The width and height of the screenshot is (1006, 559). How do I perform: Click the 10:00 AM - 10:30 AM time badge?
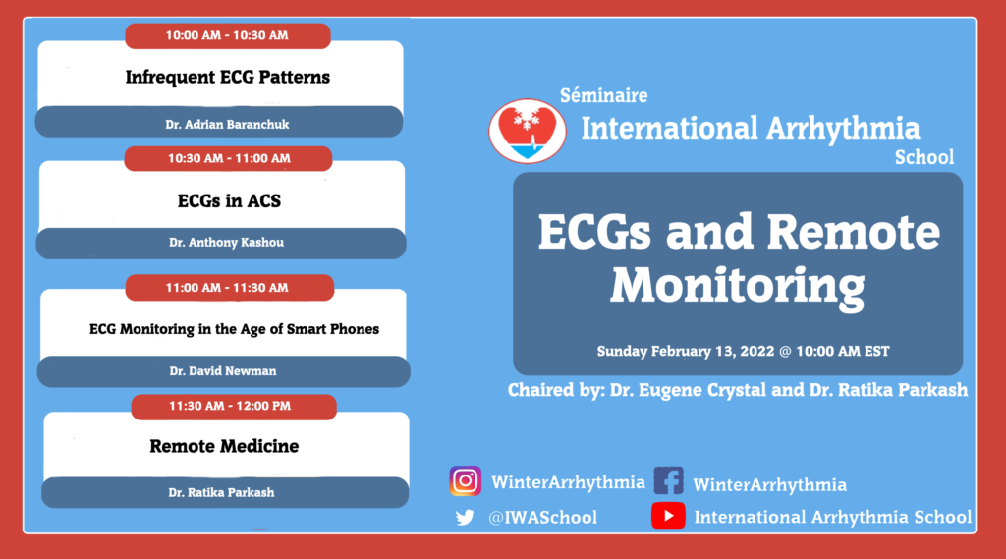tap(228, 36)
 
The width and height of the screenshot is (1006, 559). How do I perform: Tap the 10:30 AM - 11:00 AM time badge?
tap(228, 158)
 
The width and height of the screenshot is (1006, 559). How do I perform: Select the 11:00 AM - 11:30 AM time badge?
tap(230, 288)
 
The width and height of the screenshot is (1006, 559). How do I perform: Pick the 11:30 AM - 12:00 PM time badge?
tap(234, 407)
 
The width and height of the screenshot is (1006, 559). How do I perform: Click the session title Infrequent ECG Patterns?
tap(228, 77)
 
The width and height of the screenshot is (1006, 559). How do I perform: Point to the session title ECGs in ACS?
tap(229, 200)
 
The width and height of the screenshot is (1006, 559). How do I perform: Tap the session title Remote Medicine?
tap(224, 446)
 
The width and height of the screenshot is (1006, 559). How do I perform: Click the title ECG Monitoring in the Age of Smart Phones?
tap(234, 329)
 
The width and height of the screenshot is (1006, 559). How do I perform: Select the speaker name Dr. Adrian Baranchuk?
tap(227, 125)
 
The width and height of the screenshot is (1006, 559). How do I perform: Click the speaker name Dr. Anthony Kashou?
tap(227, 243)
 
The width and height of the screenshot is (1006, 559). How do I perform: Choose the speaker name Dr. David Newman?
tap(223, 371)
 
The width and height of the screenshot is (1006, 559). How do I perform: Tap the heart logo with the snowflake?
tap(528, 131)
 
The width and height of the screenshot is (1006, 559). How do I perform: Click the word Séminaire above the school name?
tap(604, 95)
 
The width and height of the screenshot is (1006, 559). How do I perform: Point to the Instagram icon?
tap(465, 480)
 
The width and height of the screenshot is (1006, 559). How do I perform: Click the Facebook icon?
tap(668, 480)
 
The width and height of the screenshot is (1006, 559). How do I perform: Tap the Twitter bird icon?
tap(465, 518)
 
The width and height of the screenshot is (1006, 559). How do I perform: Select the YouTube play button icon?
tap(668, 516)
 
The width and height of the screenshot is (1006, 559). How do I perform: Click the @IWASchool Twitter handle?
tap(542, 518)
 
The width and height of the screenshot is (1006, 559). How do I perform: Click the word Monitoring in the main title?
tap(737, 285)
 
